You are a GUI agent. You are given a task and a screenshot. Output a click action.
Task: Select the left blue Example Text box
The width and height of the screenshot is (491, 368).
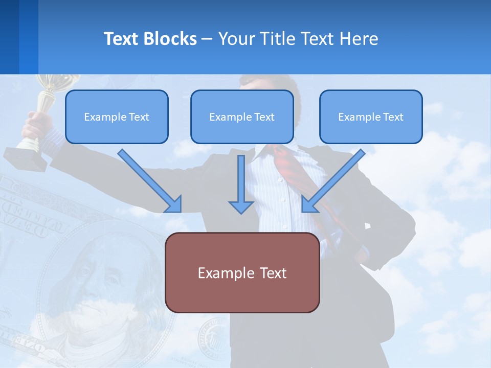pos(117,117)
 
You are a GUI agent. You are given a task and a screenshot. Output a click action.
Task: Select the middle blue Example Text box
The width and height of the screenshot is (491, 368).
pos(242,117)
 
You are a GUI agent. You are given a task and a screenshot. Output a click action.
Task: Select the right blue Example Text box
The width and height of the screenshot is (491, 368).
pos(371,117)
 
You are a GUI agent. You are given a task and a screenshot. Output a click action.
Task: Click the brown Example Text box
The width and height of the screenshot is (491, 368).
pos(242,272)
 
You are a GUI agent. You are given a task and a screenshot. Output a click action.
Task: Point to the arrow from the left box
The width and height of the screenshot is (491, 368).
pos(151,181)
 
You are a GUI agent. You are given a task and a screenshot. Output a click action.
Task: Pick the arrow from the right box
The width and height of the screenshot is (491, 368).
pos(332,181)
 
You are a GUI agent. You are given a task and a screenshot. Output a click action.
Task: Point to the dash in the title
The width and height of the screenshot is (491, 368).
pos(207,39)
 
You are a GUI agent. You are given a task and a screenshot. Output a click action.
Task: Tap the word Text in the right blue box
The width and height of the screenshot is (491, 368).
pos(393,117)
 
